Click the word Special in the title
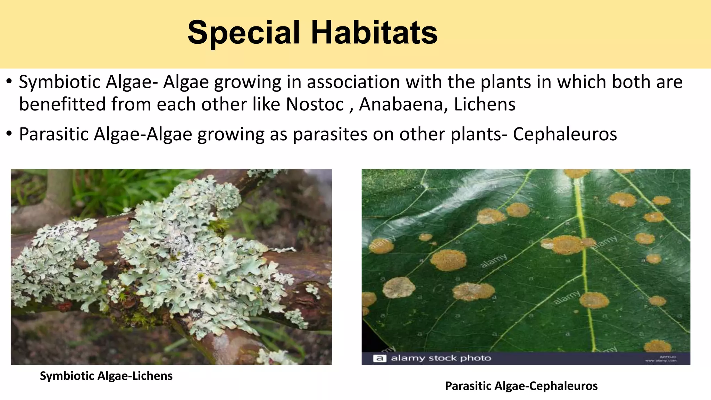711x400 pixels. pyautogui.click(x=243, y=33)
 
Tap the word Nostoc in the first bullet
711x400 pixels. pyautogui.click(x=315, y=104)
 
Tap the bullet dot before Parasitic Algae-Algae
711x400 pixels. pyautogui.click(x=9, y=134)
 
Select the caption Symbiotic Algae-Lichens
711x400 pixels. pyautogui.click(x=106, y=376)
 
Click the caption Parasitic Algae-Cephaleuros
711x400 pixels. pyautogui.click(x=521, y=386)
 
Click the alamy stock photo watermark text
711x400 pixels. pyautogui.click(x=441, y=358)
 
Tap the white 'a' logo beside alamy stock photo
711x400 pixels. pyautogui.click(x=380, y=358)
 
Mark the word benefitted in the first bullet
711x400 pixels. pyautogui.click(x=62, y=104)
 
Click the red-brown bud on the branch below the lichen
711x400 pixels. pyautogui.click(x=64, y=306)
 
